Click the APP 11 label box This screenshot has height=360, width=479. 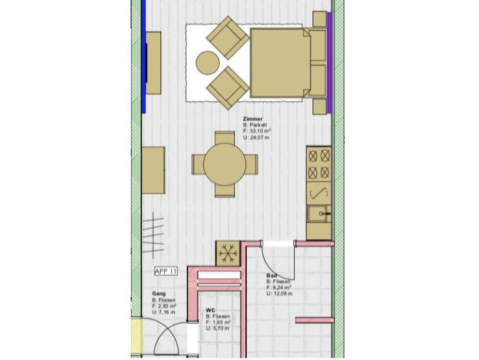tap(166, 271)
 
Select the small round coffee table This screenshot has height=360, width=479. tap(207, 63)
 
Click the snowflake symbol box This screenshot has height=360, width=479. tap(229, 252)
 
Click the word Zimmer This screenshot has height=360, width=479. tap(252, 119)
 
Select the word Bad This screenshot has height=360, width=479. tap(271, 276)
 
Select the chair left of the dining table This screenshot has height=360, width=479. tap(197, 165)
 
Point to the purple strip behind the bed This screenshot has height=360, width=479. tap(329, 62)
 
